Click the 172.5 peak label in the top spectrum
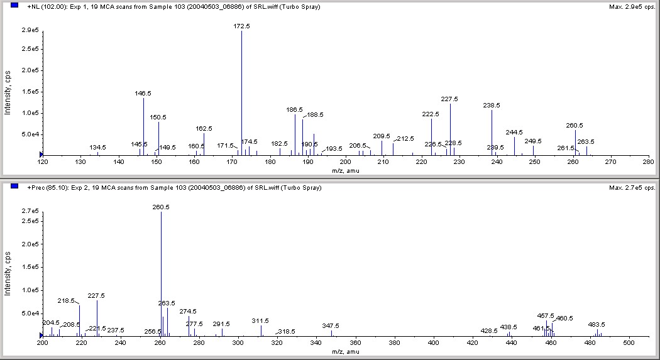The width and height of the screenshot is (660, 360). click(x=241, y=26)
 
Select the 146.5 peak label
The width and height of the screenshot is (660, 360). click(x=143, y=93)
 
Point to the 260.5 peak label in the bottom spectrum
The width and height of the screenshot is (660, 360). click(x=161, y=207)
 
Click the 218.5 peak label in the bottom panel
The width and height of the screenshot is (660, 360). click(x=66, y=301)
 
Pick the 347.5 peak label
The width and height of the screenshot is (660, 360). click(x=330, y=325)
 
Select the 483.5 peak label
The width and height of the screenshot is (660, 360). click(x=597, y=324)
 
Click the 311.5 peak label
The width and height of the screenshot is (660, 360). click(x=260, y=320)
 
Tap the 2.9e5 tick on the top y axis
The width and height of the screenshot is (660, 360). click(x=29, y=30)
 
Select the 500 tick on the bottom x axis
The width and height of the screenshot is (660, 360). click(x=629, y=343)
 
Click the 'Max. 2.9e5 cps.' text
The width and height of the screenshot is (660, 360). click(x=632, y=6)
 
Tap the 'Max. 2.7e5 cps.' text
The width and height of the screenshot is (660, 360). click(x=632, y=187)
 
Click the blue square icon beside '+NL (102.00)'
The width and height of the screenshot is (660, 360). click(x=14, y=6)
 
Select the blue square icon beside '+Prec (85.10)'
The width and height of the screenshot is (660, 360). click(x=14, y=187)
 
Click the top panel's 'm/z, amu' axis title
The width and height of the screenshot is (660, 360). click(x=345, y=170)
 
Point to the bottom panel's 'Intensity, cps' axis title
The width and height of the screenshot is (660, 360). click(x=8, y=275)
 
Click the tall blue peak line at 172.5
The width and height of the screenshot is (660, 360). click(x=241, y=94)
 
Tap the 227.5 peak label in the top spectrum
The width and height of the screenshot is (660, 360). click(x=449, y=99)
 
